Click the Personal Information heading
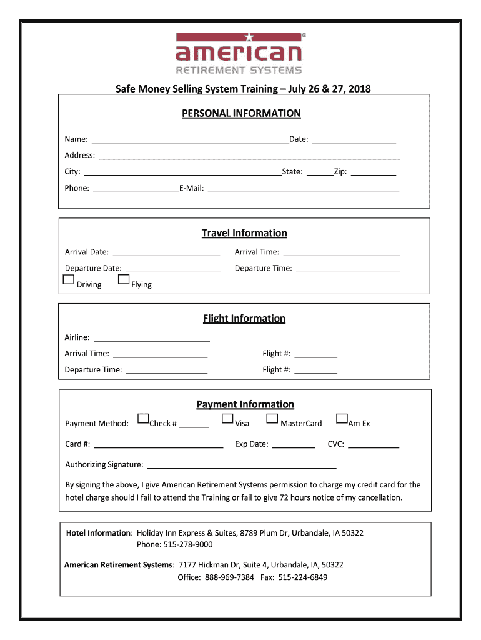241,113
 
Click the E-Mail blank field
303,188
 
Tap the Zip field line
377,172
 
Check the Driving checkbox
69,279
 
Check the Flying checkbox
124,279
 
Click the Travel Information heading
244,233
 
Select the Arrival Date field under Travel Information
166,252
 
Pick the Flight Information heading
244,318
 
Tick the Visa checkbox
227,419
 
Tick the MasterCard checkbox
272,419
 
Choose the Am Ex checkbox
342,419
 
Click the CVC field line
374,444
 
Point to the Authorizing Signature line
241,465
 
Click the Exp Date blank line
294,444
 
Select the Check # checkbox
144,419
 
